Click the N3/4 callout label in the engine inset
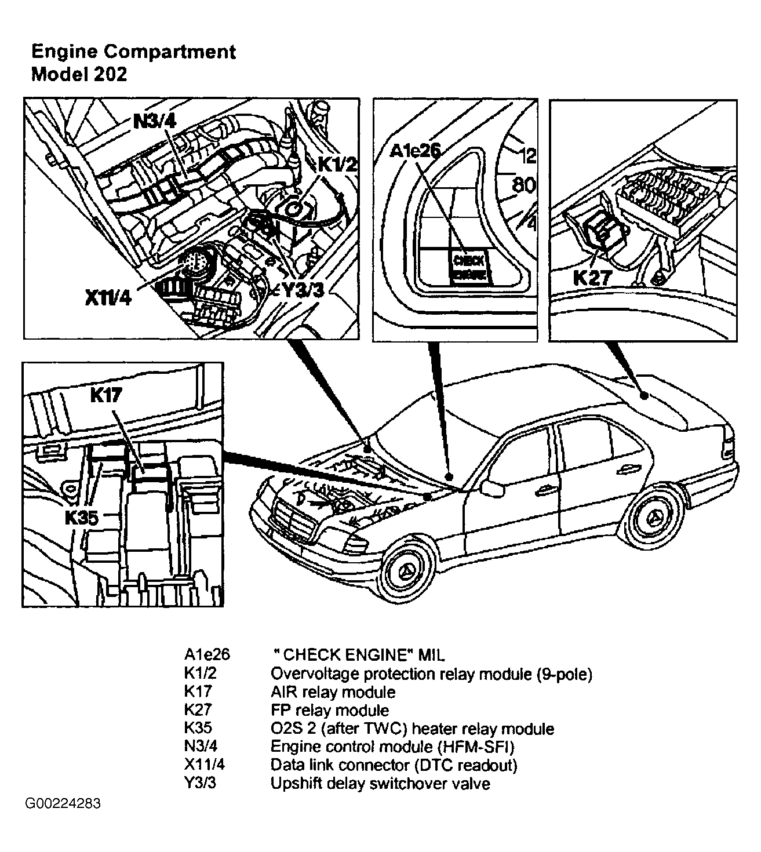(155, 122)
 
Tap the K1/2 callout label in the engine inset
(337, 165)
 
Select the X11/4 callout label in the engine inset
(108, 297)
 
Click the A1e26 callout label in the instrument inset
(415, 151)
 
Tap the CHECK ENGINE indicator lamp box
(469, 267)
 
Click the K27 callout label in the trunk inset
(592, 278)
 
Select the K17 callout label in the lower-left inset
(106, 395)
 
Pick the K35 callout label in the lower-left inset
(82, 518)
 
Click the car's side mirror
(493, 488)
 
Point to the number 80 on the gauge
(523, 185)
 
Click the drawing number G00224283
(63, 804)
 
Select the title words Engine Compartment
(134, 52)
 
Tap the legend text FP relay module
(330, 710)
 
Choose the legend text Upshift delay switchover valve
(380, 784)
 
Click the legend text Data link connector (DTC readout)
(394, 765)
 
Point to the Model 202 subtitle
(79, 74)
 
